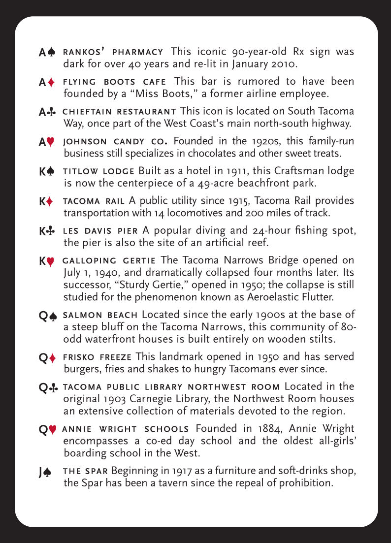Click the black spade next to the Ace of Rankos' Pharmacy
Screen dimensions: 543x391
(x=52, y=52)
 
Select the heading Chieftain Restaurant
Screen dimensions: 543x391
(x=120, y=112)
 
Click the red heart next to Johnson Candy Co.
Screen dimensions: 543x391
(x=52, y=142)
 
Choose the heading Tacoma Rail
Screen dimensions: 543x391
(x=94, y=201)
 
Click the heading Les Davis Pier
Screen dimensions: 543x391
(x=101, y=230)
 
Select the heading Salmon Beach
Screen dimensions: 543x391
(x=101, y=315)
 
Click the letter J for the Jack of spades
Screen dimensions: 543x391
(x=41, y=473)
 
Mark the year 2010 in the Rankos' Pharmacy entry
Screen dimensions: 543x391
(x=280, y=64)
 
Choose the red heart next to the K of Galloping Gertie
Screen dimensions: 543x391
(x=51, y=262)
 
